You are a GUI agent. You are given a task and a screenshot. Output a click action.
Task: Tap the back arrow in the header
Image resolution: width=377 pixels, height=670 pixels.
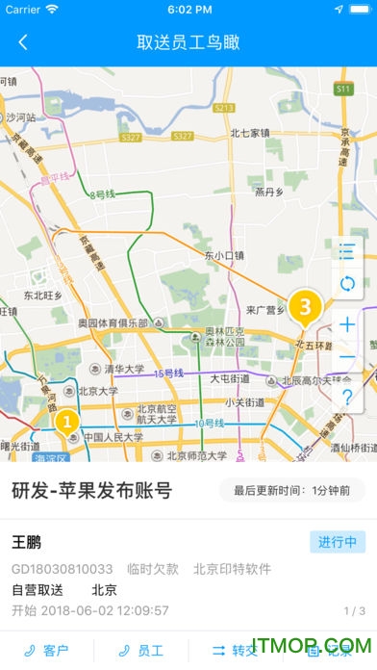(x=23, y=42)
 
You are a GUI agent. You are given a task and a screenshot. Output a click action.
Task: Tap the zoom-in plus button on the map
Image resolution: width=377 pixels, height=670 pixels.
(x=347, y=324)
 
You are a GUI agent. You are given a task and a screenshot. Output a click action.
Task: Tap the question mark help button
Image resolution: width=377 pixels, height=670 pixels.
(x=347, y=396)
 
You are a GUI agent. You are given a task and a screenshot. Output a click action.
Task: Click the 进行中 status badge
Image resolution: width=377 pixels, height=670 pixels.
(x=338, y=542)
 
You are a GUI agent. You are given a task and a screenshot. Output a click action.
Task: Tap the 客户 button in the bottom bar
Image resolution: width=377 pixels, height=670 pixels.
(x=47, y=650)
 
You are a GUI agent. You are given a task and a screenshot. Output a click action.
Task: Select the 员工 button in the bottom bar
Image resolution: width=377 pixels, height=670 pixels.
(x=140, y=650)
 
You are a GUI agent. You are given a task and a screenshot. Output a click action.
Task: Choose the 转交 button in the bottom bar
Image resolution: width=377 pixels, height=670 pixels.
(x=235, y=650)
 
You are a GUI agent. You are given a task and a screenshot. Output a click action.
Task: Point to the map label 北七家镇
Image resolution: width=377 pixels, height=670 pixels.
(x=249, y=133)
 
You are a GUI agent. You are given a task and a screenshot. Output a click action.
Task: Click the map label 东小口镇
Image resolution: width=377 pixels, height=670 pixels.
(x=224, y=256)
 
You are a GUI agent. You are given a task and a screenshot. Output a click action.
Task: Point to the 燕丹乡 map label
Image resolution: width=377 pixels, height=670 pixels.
(x=271, y=191)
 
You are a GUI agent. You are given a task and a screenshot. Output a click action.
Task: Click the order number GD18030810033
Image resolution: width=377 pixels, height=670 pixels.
(x=62, y=569)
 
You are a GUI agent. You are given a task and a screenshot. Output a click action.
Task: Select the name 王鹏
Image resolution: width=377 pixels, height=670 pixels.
(x=26, y=542)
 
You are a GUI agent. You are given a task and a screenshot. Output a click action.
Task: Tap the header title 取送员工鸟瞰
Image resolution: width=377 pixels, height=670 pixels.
(x=188, y=42)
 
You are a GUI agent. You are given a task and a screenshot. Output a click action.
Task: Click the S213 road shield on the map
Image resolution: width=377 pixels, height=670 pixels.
(x=225, y=108)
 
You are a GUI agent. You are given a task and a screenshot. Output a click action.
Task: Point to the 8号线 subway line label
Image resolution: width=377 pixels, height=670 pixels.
(x=103, y=194)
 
